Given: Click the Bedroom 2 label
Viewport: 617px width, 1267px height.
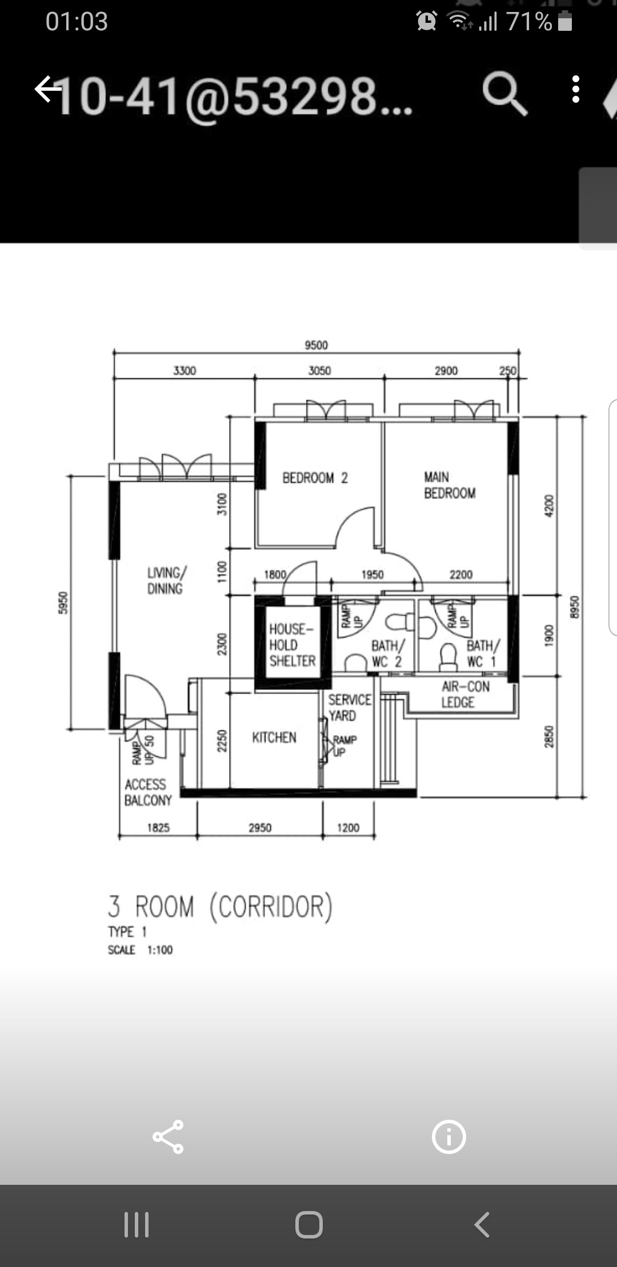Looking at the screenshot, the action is (315, 478).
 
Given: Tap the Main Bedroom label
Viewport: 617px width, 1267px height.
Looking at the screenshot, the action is (450, 485).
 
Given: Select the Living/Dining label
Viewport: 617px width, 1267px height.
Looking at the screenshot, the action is (166, 580).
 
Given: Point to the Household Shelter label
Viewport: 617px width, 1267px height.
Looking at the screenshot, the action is (292, 645).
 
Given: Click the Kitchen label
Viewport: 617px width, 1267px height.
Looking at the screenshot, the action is (274, 737).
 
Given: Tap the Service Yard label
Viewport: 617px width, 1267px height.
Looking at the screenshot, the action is (349, 708).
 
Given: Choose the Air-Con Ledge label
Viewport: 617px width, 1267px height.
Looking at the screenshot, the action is (465, 694).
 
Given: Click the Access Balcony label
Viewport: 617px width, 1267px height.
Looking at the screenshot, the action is (148, 792).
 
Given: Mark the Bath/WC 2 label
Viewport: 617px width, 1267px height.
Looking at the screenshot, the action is (387, 654).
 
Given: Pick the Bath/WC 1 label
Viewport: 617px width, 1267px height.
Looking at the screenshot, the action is (483, 654).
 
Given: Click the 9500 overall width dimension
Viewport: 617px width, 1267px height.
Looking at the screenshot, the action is (316, 345).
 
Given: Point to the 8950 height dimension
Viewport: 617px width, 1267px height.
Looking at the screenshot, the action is (575, 607).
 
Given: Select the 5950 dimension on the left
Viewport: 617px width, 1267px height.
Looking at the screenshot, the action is (63, 603).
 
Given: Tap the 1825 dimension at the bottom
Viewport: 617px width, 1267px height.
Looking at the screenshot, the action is (158, 827).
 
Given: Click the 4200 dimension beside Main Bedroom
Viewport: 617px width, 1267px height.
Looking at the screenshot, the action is (549, 506).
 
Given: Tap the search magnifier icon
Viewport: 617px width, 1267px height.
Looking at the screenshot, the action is (504, 94).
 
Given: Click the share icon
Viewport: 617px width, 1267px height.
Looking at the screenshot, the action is (168, 1137).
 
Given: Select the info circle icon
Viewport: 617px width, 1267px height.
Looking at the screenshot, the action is (448, 1137).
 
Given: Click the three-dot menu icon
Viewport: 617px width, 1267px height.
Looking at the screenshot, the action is (576, 90).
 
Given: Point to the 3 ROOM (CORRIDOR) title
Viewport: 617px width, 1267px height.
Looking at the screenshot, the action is (220, 907).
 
